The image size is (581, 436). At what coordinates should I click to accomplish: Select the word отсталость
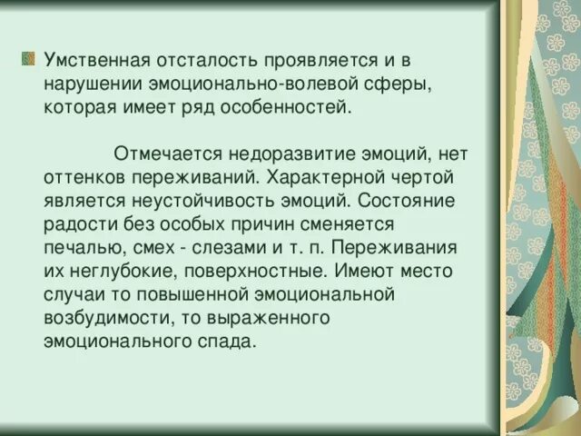[209, 61]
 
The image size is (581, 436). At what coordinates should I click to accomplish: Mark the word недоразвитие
[288, 153]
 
